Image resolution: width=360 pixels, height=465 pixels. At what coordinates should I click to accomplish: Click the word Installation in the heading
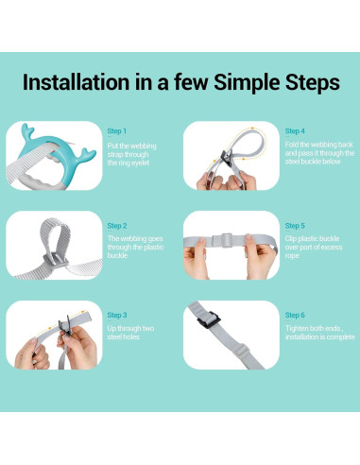click(x=76, y=82)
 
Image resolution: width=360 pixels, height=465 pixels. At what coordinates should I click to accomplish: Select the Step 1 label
click(x=117, y=131)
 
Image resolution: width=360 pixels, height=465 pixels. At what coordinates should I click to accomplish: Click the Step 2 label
click(x=117, y=226)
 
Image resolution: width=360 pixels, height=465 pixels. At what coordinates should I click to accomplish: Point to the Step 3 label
click(x=117, y=316)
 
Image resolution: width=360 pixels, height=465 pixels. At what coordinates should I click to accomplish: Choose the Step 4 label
click(x=295, y=131)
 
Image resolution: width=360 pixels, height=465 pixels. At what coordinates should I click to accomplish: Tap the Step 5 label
click(x=295, y=226)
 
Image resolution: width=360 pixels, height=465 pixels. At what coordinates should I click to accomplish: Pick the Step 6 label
click(x=295, y=316)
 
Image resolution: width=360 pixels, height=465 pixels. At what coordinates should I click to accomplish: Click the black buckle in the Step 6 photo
click(x=209, y=319)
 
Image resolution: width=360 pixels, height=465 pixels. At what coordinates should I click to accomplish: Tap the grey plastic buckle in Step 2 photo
click(x=56, y=259)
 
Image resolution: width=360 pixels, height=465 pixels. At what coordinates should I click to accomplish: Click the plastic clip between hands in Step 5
click(x=226, y=241)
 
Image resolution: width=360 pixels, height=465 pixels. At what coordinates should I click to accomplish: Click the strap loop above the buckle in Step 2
click(x=55, y=234)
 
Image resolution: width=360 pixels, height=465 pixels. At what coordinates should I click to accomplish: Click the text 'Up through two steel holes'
click(x=130, y=333)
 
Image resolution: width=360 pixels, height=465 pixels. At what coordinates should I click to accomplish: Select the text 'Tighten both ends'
click(x=313, y=329)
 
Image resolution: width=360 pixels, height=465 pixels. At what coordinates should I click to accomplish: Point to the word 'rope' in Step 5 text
click(x=292, y=256)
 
